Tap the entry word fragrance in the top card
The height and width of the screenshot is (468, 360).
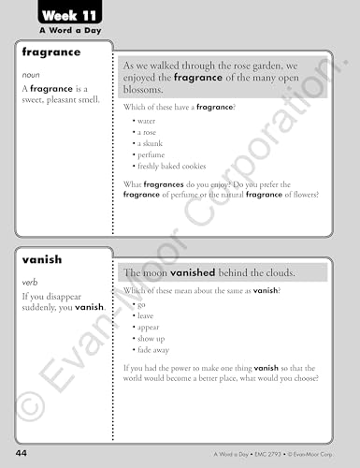[x=50, y=54]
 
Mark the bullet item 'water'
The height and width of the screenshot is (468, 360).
[x=147, y=121]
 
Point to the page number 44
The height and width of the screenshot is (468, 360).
[x=20, y=453]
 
